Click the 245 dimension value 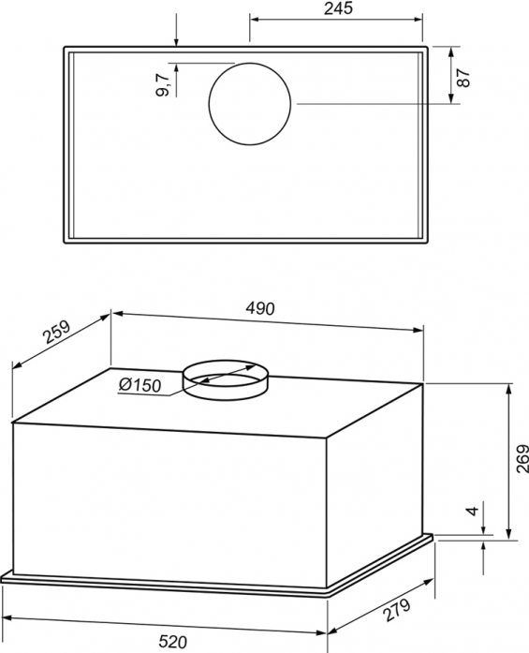click(338, 8)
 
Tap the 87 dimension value click(463, 78)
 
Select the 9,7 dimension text click(163, 84)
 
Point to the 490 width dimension click(260, 308)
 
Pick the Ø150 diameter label click(140, 385)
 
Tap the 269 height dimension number click(522, 459)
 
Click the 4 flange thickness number click(473, 511)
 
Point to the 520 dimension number click(172, 642)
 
